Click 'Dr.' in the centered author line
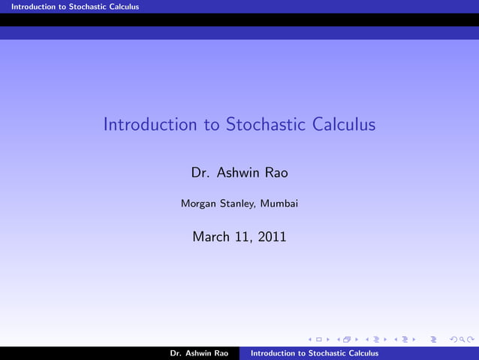click(200, 173)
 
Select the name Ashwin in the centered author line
click(238, 173)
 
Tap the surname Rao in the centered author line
click(276, 173)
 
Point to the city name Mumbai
click(279, 203)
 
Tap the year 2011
click(271, 237)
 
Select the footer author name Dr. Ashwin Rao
click(199, 353)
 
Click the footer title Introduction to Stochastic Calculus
click(314, 353)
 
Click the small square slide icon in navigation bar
click(318, 340)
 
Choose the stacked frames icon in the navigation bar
click(346, 340)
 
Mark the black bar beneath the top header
click(239, 20)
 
